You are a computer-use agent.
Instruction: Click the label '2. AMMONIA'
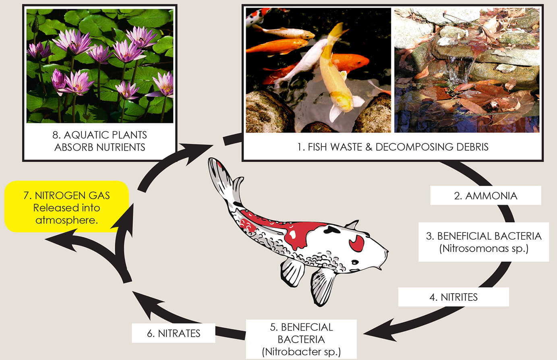(485, 196)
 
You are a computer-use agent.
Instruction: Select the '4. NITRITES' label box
(453, 297)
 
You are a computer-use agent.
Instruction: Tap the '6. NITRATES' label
(174, 333)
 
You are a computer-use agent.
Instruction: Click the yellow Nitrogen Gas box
(66, 207)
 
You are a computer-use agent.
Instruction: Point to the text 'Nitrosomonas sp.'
(483, 248)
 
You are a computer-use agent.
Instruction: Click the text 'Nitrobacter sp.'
(301, 352)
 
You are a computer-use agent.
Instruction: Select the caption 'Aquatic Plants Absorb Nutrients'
(100, 141)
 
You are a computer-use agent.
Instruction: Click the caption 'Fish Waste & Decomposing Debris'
(393, 147)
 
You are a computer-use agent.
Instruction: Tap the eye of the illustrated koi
(355, 262)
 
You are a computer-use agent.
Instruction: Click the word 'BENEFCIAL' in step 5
(301, 327)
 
